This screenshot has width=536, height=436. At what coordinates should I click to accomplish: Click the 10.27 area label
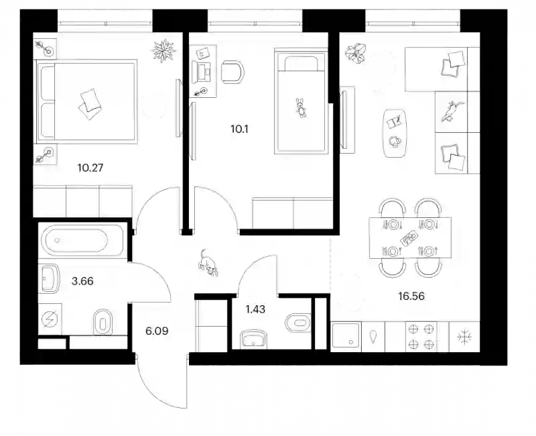90,168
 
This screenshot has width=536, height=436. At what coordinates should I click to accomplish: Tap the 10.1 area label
239,129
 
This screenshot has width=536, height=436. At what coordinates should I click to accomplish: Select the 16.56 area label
411,296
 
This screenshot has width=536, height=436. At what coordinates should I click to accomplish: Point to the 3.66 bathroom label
82,281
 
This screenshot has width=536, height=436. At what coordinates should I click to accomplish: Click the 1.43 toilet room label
255,309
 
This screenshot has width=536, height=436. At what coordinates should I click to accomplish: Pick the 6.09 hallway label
157,331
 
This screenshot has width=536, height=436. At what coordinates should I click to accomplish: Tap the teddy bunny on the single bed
301,107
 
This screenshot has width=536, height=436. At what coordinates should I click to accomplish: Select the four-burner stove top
421,337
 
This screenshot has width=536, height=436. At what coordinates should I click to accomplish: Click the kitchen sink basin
345,336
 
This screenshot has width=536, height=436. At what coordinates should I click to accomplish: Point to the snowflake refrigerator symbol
465,337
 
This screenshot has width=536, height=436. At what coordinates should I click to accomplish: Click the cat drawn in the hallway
208,263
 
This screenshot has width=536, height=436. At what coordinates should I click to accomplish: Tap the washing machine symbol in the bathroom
50,319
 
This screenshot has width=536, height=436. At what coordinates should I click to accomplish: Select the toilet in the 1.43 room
298,323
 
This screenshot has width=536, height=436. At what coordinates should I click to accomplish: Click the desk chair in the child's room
232,72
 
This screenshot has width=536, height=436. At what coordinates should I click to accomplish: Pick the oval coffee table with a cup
395,133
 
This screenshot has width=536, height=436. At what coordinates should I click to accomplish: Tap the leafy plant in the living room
356,53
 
